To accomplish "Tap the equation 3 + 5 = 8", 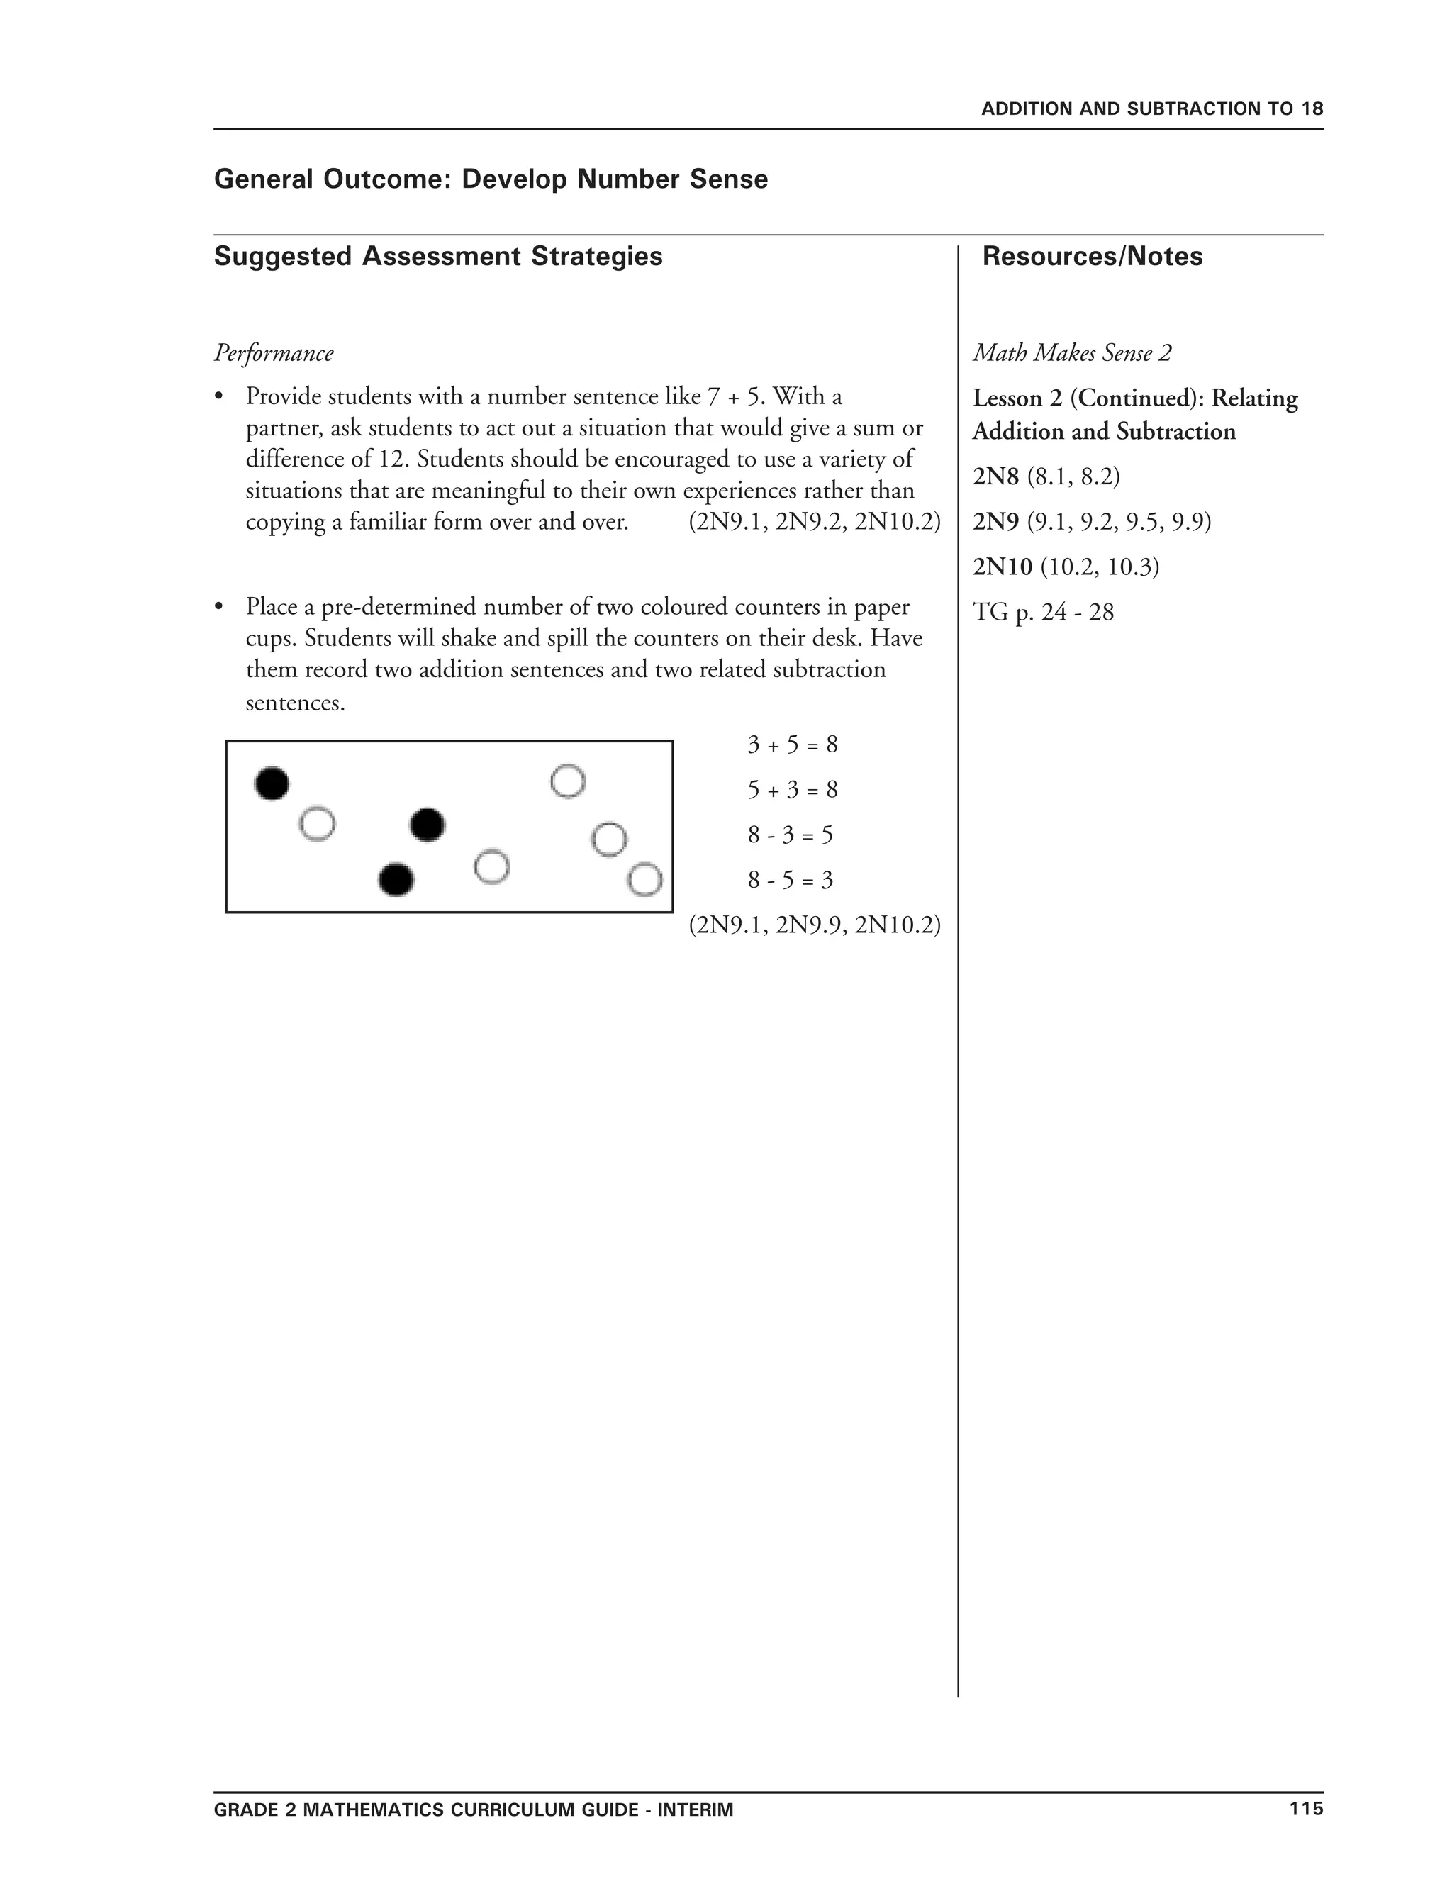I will [791, 745].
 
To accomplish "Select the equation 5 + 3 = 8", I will [791, 790].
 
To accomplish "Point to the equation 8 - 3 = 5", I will [790, 835].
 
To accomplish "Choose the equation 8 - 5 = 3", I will [790, 880].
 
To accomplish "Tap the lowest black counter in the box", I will [396, 879].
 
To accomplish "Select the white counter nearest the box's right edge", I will [645, 879].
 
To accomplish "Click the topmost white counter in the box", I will [568, 781].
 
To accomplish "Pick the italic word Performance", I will [274, 354].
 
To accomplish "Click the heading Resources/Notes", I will [1092, 257].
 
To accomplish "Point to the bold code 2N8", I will [995, 476].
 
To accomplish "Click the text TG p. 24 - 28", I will [1042, 613].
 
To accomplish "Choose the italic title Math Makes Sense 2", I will [1072, 354].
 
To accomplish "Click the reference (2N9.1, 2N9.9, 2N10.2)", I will [815, 925].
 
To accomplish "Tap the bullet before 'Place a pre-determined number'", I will [219, 608].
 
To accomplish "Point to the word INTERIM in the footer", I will [695, 1810].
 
